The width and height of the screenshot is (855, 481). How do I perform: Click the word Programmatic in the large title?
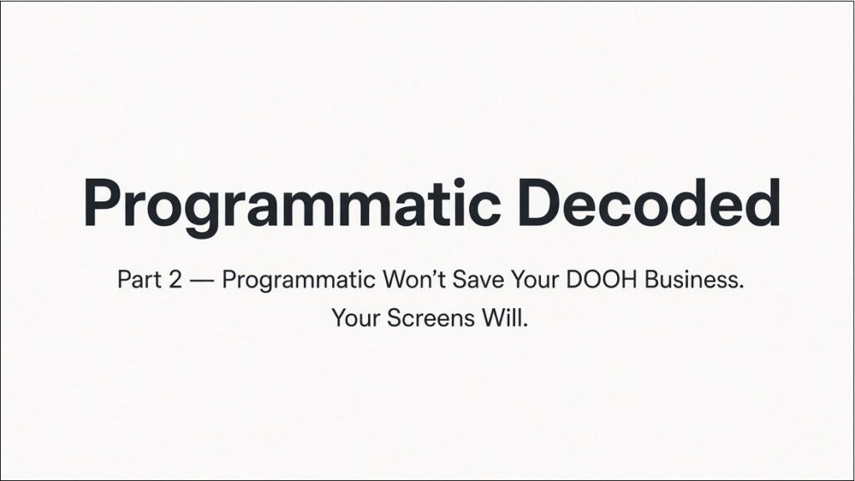[292, 204]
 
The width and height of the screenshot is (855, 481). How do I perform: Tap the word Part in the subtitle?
[139, 280]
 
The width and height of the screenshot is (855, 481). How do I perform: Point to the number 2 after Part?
[175, 280]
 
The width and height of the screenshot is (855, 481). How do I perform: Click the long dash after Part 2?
[202, 281]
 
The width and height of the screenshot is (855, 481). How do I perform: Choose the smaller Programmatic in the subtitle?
[299, 281]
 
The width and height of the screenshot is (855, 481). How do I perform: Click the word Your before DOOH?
[535, 280]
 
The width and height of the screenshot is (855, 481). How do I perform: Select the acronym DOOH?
[601, 280]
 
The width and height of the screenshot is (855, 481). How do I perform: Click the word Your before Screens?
[356, 318]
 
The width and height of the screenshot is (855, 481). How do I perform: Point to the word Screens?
[431, 318]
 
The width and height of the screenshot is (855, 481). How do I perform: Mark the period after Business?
[741, 287]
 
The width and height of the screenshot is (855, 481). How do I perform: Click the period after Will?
[525, 325]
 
